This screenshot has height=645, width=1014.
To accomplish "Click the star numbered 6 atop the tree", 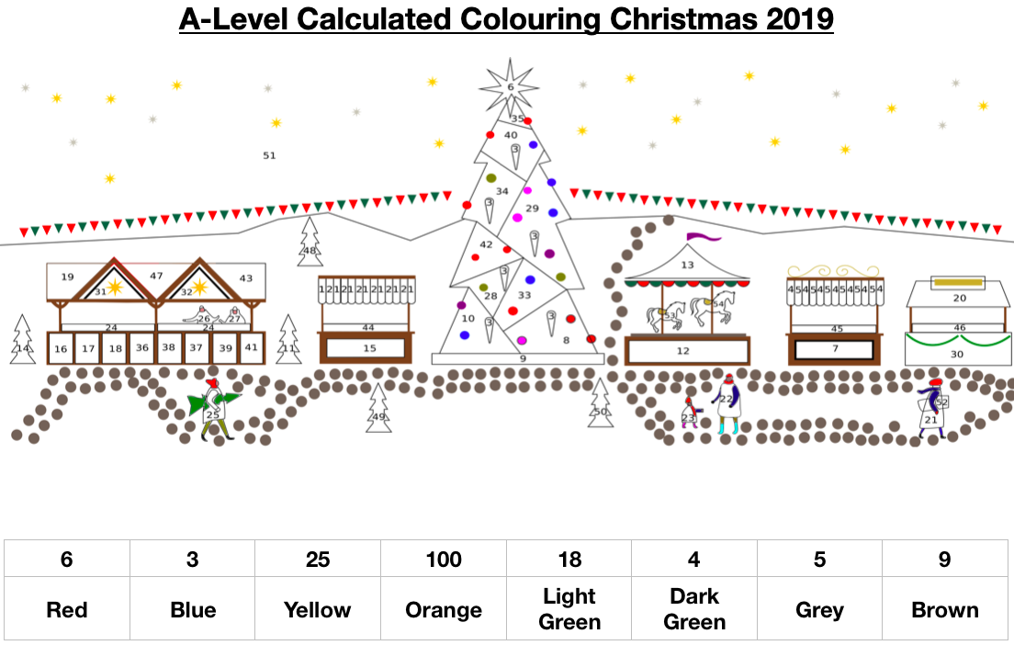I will (511, 87).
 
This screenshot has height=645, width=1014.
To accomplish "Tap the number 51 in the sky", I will (269, 155).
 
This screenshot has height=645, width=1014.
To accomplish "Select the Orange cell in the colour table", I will (444, 610).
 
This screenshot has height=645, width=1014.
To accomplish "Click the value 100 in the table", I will (444, 560).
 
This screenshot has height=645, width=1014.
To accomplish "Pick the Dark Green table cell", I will (694, 609).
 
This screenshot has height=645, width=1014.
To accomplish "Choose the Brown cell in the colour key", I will (945, 610).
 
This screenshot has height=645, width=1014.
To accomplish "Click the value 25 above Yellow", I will (318, 560).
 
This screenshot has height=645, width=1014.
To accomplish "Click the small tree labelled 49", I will (378, 411).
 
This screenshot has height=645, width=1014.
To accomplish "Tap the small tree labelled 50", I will (601, 406).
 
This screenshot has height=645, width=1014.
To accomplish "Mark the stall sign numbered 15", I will (369, 348).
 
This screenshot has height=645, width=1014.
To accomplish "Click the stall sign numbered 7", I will (834, 349).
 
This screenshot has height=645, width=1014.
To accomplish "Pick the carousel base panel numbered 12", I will (683, 351).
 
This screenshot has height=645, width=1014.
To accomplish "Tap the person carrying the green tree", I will (214, 409).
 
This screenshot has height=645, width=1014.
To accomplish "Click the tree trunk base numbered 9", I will (522, 358).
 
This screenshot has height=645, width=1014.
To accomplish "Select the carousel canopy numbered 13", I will (687, 265).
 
